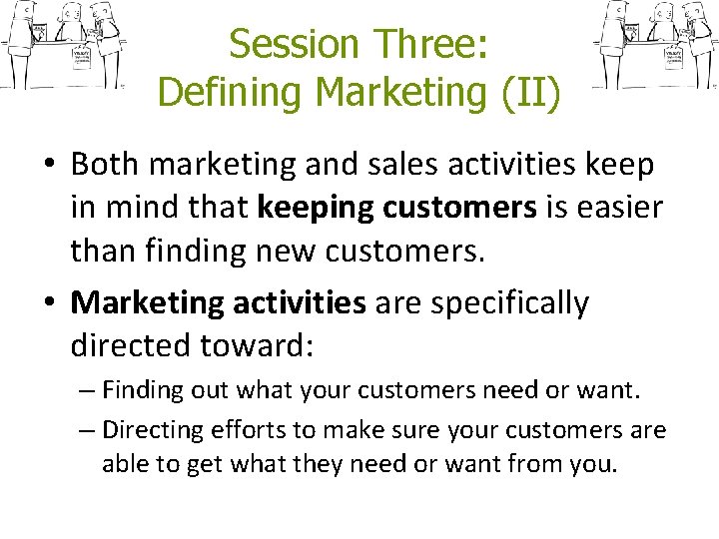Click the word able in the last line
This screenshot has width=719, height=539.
coord(123,464)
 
